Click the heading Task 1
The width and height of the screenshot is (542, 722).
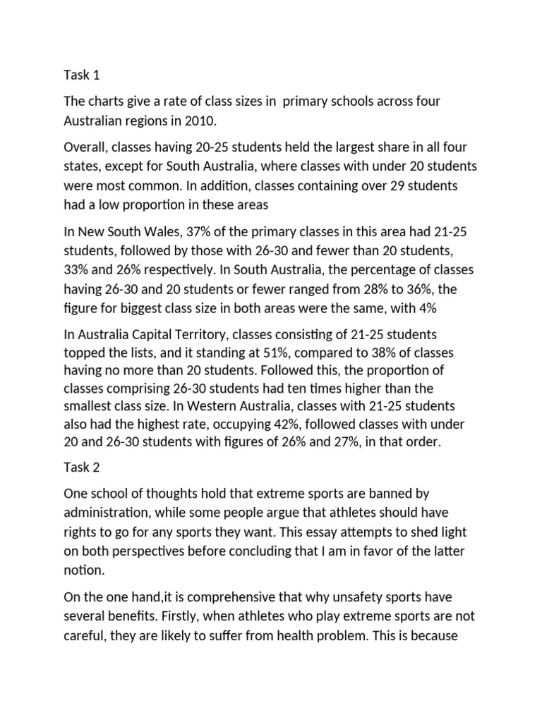82,75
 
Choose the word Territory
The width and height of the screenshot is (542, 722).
198,333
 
